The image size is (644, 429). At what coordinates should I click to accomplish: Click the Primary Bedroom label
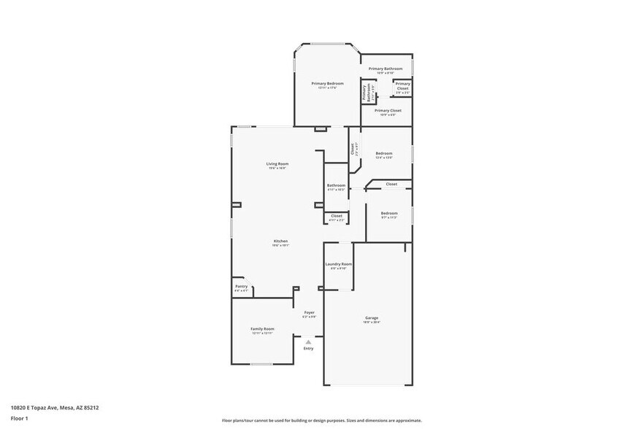point(328,83)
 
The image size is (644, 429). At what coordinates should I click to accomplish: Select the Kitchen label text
point(280,241)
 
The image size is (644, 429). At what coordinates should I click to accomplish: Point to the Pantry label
point(241,287)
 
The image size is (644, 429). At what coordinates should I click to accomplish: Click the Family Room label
point(263,329)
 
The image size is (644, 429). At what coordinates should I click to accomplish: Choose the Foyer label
point(309,312)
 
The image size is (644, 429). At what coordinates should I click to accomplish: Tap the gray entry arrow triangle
point(309,341)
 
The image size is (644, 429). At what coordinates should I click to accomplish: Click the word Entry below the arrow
point(309,349)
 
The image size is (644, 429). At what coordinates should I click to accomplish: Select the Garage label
point(372,318)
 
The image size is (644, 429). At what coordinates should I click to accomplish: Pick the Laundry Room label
point(338,264)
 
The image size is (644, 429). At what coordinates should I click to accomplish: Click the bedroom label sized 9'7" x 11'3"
point(388,213)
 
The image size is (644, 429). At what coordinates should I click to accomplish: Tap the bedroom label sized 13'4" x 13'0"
point(384,153)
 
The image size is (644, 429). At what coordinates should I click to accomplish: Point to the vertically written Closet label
point(353,149)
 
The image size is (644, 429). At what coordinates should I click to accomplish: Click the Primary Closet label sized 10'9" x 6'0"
point(388,111)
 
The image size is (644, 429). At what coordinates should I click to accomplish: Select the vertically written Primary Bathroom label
point(364,93)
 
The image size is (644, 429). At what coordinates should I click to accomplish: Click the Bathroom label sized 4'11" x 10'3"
point(336,185)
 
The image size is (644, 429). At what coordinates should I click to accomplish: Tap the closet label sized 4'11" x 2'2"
point(337,216)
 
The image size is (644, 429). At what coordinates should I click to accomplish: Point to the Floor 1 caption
point(19,418)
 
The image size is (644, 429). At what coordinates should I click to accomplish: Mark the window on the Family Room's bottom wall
point(261,364)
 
